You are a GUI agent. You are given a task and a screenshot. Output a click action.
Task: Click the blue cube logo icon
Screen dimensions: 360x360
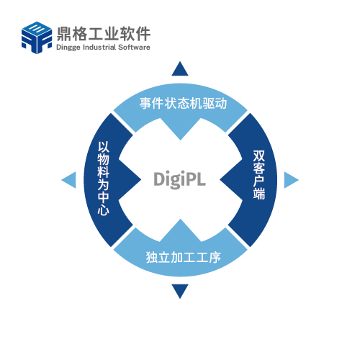pyautogui.click(x=37, y=37)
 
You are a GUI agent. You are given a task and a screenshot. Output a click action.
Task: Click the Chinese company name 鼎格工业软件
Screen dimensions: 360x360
pyautogui.click(x=104, y=34)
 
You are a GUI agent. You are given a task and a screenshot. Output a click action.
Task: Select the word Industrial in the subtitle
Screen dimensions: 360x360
pyautogui.click(x=99, y=47)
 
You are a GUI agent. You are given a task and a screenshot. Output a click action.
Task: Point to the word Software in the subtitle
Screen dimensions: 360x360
pyautogui.click(x=134, y=47)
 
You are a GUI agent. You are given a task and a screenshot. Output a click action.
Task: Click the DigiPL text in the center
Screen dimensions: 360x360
pyautogui.click(x=179, y=179)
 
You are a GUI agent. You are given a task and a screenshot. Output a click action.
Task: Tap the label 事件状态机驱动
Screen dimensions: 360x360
pyautogui.click(x=183, y=104)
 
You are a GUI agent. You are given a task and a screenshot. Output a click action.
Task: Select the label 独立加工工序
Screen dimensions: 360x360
pyautogui.click(x=184, y=257)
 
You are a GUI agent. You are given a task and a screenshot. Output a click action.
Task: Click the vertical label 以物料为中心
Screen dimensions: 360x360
pyautogui.click(x=104, y=178)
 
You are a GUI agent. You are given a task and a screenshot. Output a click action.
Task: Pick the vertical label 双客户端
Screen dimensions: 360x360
pyautogui.click(x=259, y=175)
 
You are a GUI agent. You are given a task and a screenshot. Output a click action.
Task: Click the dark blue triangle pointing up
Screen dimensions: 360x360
pyautogui.click(x=180, y=68)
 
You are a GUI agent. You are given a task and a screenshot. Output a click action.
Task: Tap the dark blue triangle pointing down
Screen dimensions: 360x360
pyautogui.click(x=180, y=292)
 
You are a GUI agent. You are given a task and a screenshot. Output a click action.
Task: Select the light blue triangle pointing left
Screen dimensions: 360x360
pyautogui.click(x=69, y=180)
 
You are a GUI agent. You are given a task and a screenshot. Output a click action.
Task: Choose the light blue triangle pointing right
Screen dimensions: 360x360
pyautogui.click(x=292, y=180)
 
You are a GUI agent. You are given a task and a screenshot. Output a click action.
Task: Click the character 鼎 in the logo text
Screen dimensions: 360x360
pyautogui.click(x=63, y=34)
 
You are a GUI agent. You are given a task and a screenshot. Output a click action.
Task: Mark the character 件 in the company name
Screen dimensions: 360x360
pyautogui.click(x=143, y=34)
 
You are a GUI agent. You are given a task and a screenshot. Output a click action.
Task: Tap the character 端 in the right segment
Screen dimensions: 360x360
pyautogui.click(x=259, y=194)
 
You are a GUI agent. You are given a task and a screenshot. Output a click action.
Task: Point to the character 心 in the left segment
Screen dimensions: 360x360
pyautogui.click(x=104, y=209)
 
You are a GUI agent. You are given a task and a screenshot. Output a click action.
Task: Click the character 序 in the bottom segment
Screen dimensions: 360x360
pyautogui.click(x=215, y=257)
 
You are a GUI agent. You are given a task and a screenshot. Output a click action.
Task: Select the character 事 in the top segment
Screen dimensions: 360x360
pyautogui.click(x=146, y=104)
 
